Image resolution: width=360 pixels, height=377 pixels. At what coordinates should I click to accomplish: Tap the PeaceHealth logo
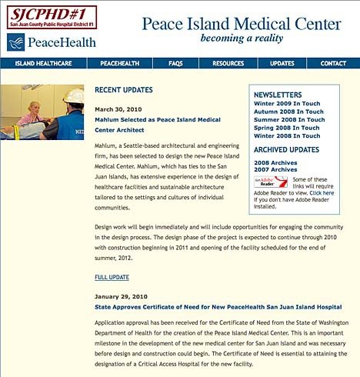click(52, 41)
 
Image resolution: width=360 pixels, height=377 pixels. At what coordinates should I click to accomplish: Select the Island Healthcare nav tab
click(39, 63)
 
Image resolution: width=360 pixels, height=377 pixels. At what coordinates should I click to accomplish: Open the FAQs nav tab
click(175, 63)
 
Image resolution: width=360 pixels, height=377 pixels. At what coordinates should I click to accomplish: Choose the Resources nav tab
click(228, 63)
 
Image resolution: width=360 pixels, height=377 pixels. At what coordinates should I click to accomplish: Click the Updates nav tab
click(282, 63)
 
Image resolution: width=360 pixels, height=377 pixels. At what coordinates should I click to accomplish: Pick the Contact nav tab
click(333, 63)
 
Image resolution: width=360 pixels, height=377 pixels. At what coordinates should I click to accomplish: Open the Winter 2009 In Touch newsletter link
click(289, 104)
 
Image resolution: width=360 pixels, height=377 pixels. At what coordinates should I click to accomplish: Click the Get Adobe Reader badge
click(270, 182)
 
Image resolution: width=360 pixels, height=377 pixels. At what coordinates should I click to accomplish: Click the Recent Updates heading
click(124, 90)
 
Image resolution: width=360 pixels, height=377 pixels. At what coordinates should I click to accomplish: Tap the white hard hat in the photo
click(74, 96)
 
